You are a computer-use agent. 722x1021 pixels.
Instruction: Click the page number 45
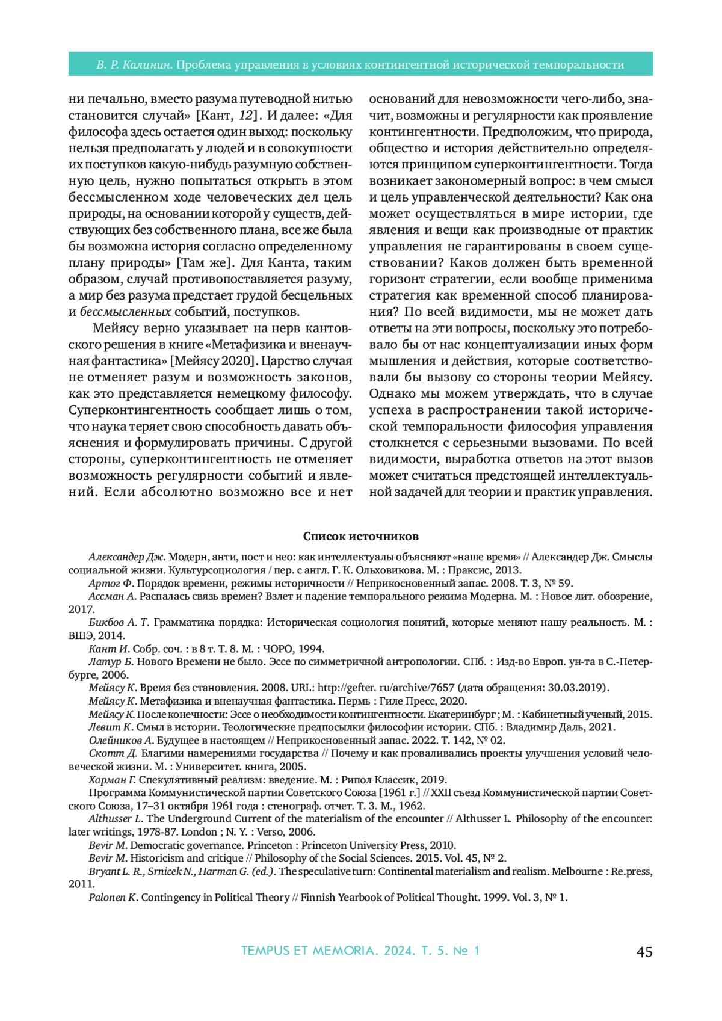tap(644, 952)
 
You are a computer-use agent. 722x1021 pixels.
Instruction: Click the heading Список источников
tap(360, 536)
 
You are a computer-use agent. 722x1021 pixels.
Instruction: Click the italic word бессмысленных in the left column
tap(126, 312)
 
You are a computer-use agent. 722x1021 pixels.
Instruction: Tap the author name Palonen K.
tap(114, 898)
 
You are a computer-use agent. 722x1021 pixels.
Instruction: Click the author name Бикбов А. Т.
tap(119, 622)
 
